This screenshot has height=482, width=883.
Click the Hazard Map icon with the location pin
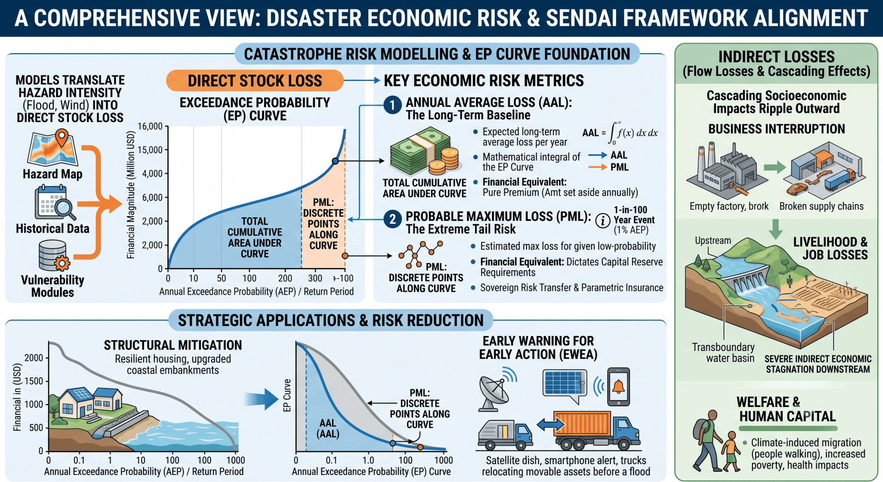[x=53, y=148]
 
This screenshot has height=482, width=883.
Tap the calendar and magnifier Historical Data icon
[x=55, y=203]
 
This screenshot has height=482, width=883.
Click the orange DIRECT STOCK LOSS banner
[x=255, y=81]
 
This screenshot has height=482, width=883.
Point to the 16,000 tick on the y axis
[x=150, y=126]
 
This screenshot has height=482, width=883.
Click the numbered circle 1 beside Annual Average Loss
[x=392, y=105]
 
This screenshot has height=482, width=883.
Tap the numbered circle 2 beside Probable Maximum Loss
[x=392, y=219]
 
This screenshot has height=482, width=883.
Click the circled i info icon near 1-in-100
[x=602, y=221]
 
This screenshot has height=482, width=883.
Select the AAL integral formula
[x=619, y=133]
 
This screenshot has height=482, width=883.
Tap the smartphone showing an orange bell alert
[x=619, y=387]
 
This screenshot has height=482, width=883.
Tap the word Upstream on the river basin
[x=713, y=240]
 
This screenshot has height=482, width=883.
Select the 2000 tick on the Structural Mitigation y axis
[x=34, y=358]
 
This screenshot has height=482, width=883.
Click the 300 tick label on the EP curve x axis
[x=315, y=278]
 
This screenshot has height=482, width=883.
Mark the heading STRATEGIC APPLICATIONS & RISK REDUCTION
[x=331, y=320]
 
